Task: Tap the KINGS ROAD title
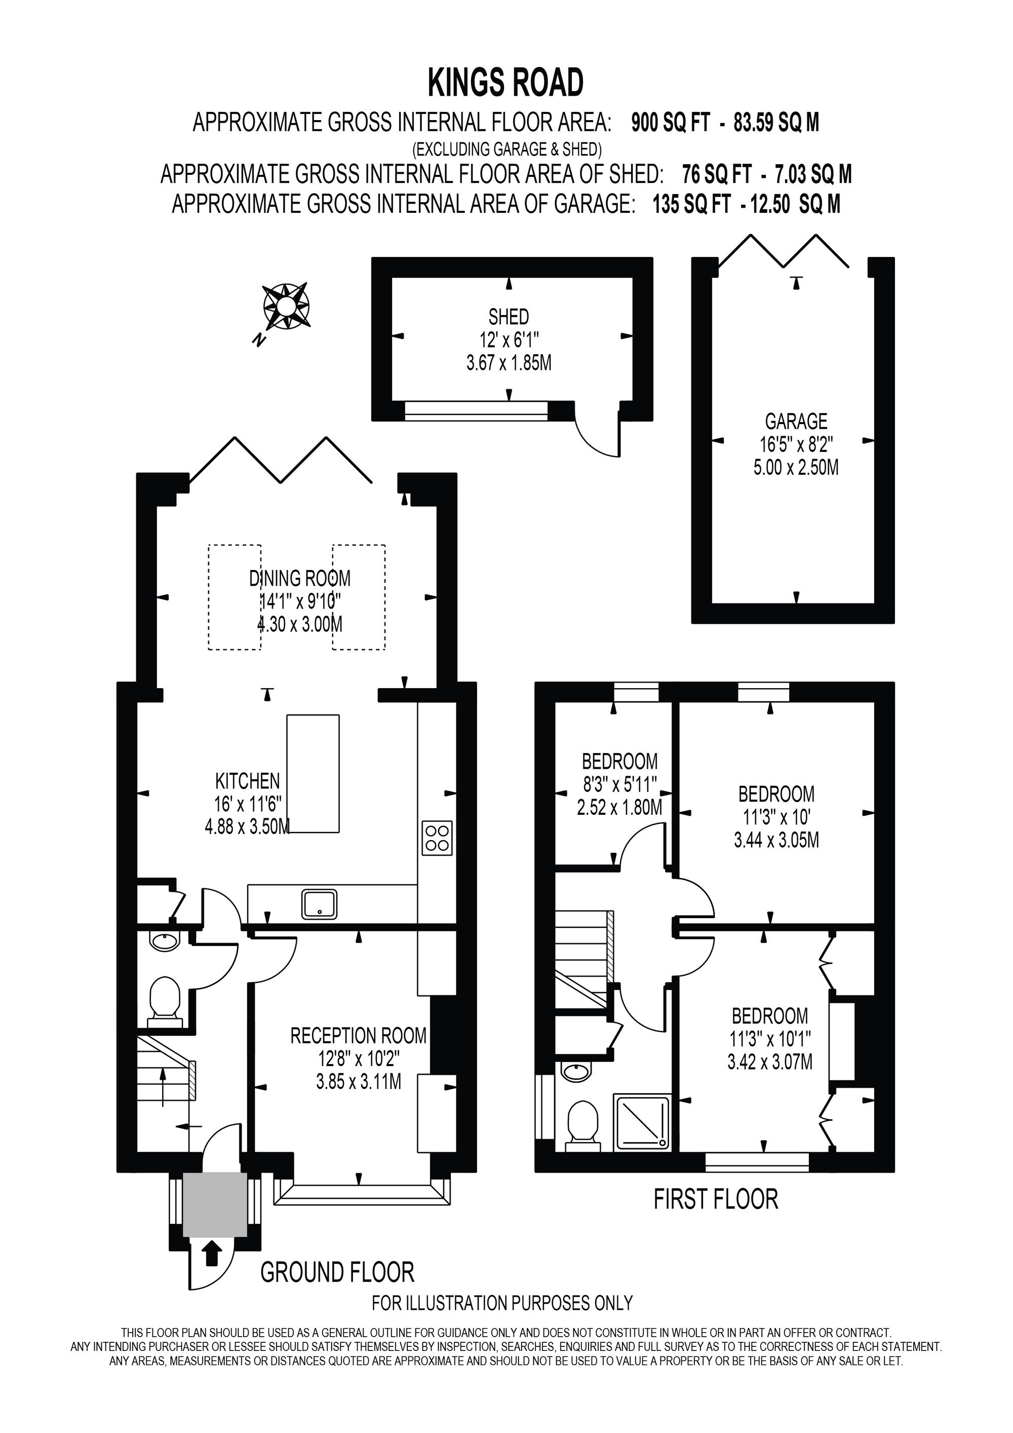506,83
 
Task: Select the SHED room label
509,317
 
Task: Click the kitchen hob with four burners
437,838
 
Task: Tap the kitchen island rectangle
313,774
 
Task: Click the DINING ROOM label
300,579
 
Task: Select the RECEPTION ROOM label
359,1036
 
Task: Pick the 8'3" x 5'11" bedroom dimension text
619,784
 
